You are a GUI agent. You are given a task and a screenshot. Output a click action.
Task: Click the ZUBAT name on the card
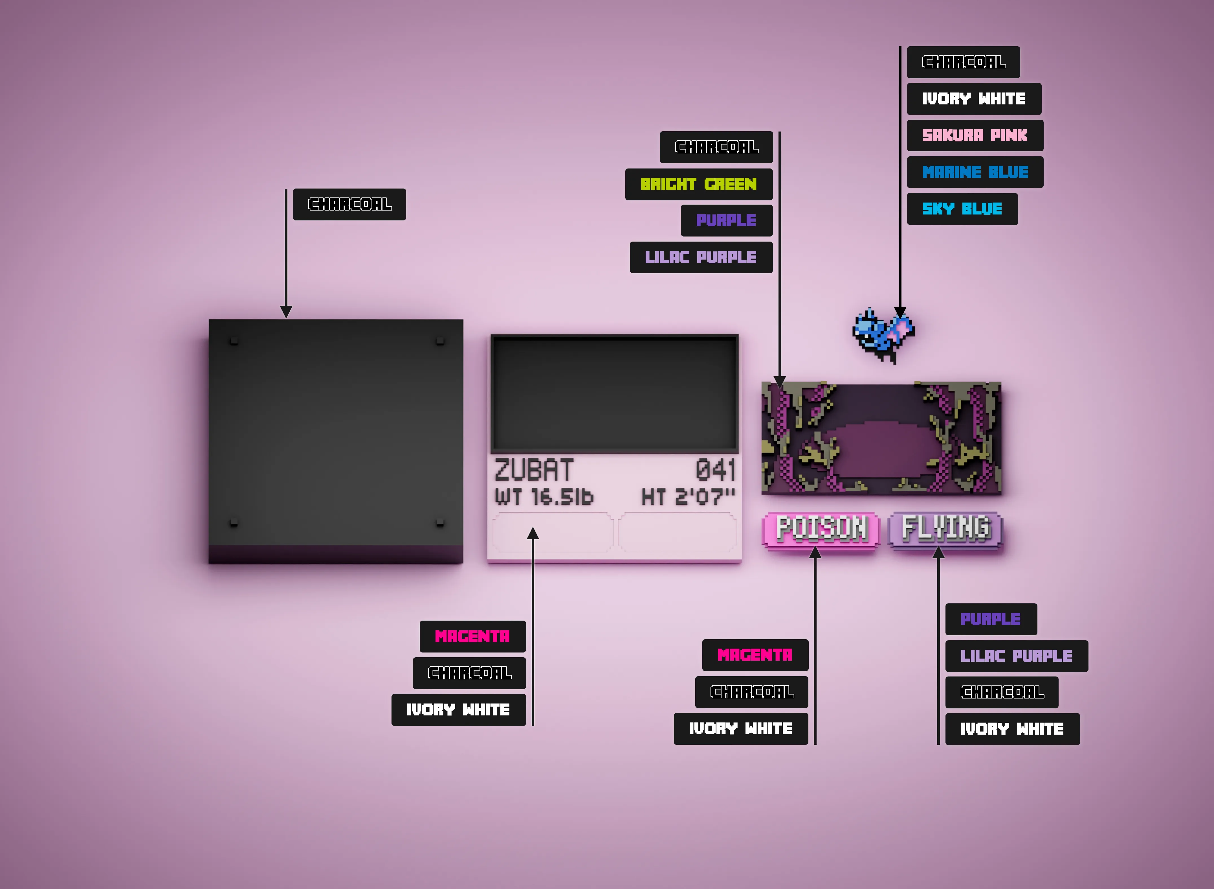(534, 470)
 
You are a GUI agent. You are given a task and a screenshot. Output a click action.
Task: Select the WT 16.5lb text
(544, 496)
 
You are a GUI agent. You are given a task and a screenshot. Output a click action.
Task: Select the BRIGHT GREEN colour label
(699, 184)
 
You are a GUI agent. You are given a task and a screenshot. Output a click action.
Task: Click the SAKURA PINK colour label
(975, 135)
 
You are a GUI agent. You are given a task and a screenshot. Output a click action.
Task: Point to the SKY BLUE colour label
(962, 209)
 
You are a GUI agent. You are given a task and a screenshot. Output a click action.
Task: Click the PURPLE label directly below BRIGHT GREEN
(727, 220)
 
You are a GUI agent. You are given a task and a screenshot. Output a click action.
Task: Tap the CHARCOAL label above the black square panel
(350, 204)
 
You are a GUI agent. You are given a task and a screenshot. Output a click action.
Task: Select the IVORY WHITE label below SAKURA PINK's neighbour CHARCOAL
(974, 98)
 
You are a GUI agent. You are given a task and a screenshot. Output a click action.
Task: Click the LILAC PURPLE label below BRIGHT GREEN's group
(701, 257)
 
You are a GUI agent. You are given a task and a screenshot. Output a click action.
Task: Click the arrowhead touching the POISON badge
(815, 552)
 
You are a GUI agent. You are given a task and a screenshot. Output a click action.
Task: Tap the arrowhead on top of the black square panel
(286, 312)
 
